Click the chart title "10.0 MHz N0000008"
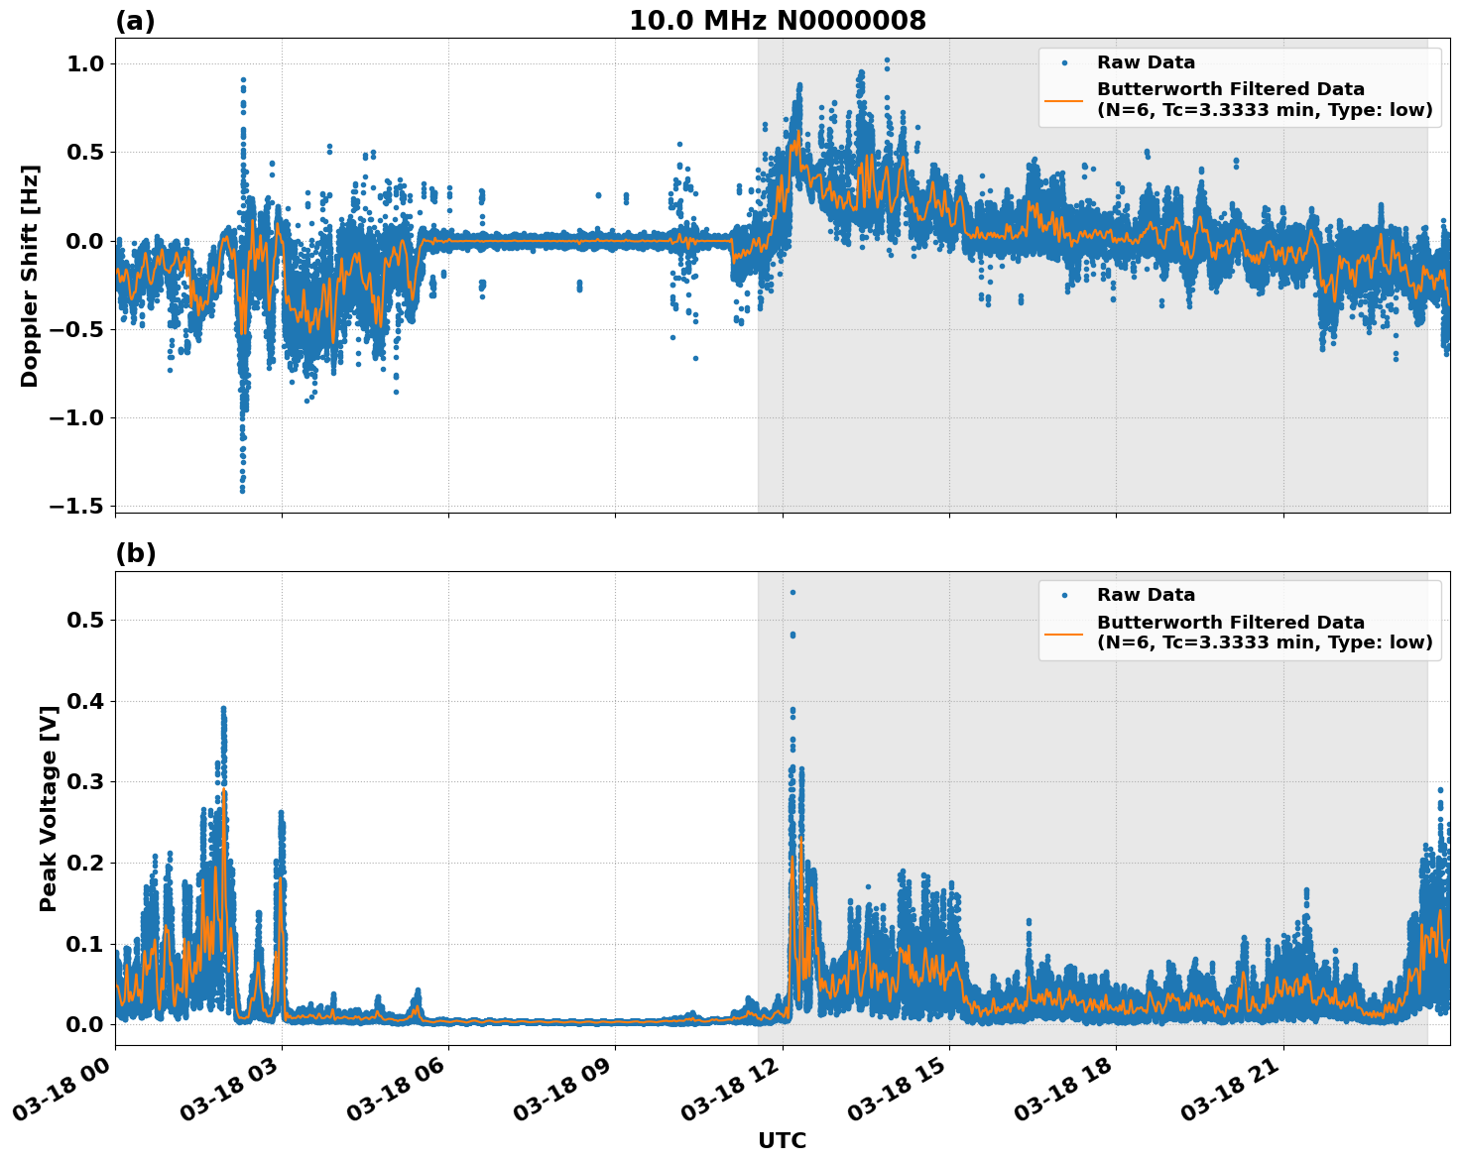pos(778,21)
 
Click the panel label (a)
pos(135,21)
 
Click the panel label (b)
pos(135,553)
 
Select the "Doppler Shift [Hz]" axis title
pos(30,276)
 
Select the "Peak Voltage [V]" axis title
pos(48,802)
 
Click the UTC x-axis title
pos(782,1140)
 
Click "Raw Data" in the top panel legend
pos(1146,62)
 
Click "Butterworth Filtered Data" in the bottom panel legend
pos(1230,623)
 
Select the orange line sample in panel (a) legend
pos(1063,100)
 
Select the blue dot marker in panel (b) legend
pos(1064,595)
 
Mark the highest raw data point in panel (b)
pos(792,592)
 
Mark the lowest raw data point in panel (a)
pos(242,490)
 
